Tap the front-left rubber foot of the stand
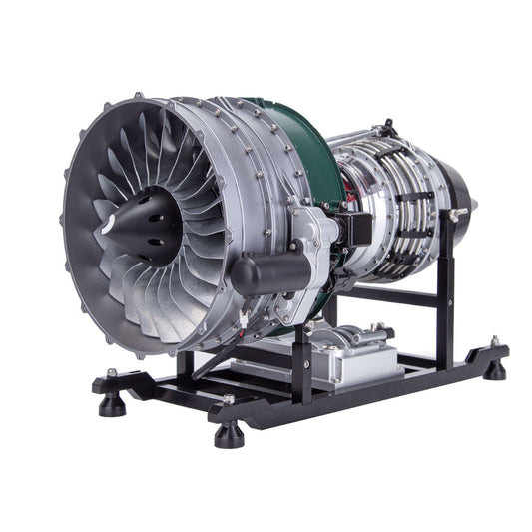point(110,384)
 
